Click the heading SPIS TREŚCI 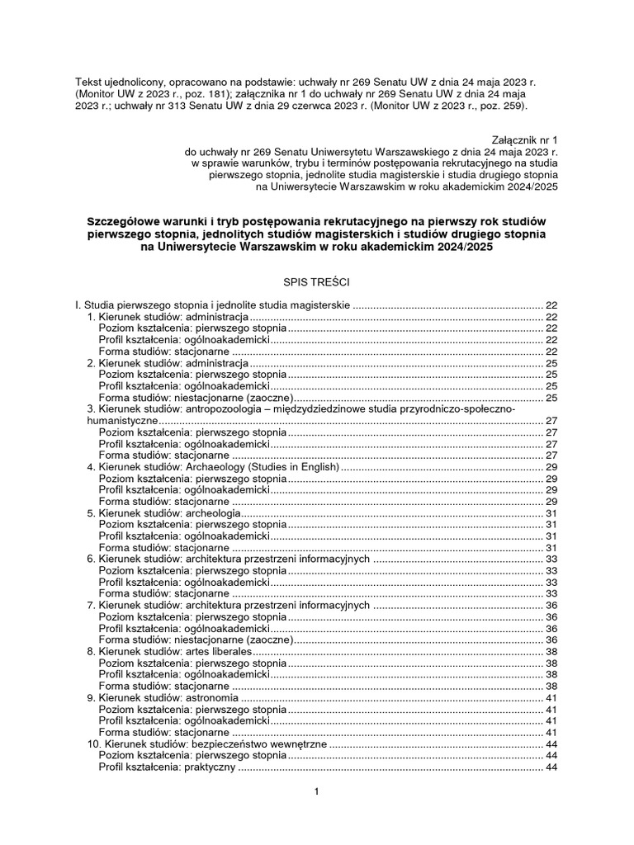(316, 282)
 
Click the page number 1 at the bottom (316, 792)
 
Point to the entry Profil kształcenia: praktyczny (168, 767)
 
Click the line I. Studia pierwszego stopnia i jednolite (214, 305)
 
